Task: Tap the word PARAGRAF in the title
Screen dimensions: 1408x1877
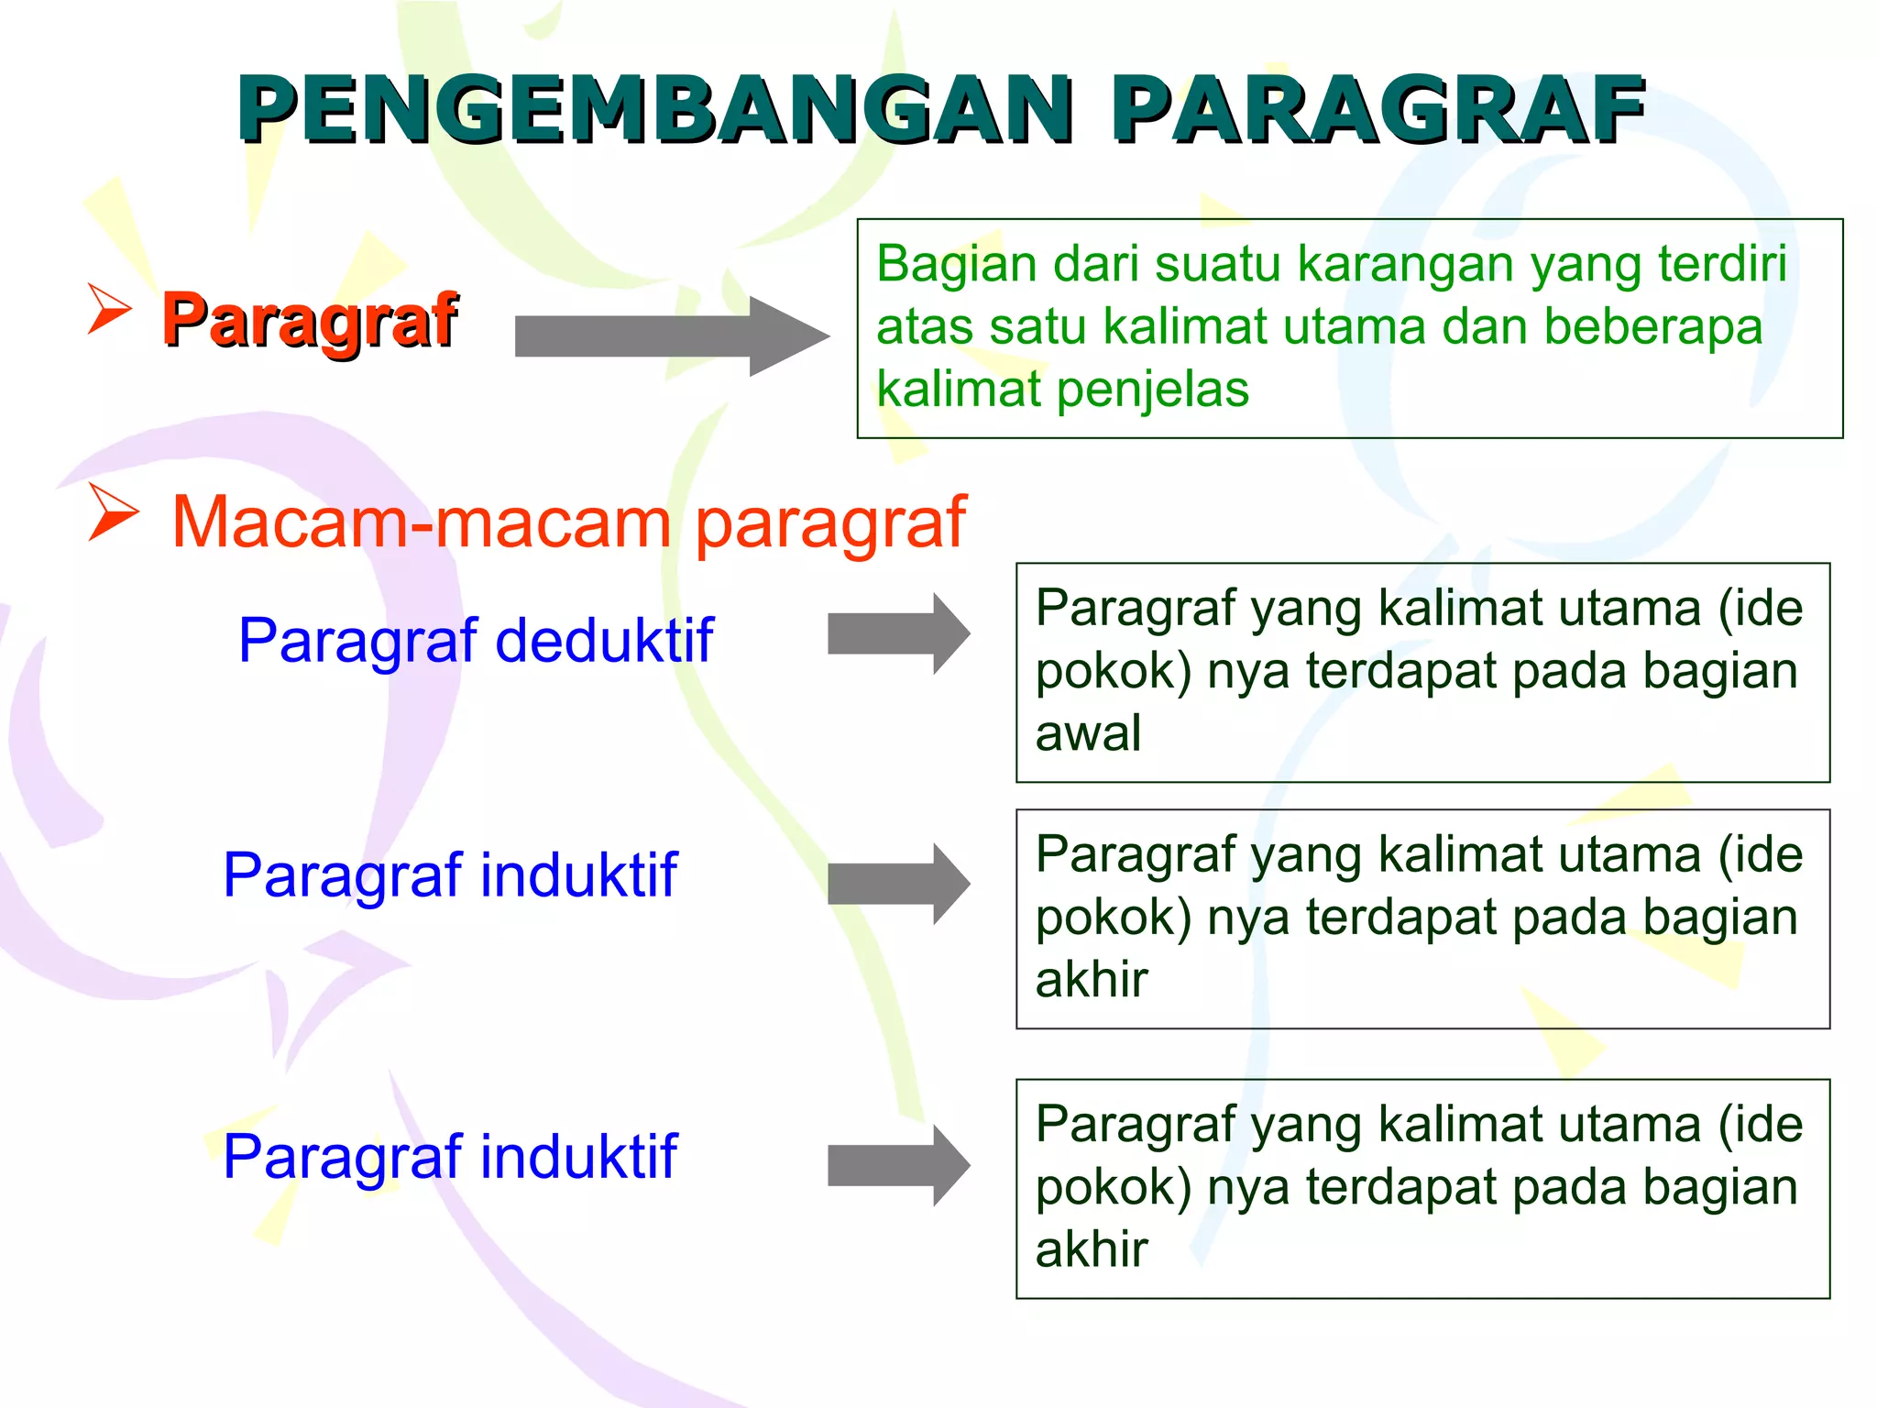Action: pos(1378,110)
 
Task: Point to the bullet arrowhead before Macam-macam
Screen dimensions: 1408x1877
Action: pos(114,512)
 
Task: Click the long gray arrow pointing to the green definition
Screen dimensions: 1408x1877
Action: pos(671,335)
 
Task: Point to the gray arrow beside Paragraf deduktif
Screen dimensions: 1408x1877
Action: pos(898,633)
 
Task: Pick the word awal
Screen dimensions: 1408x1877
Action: pos(1088,733)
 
